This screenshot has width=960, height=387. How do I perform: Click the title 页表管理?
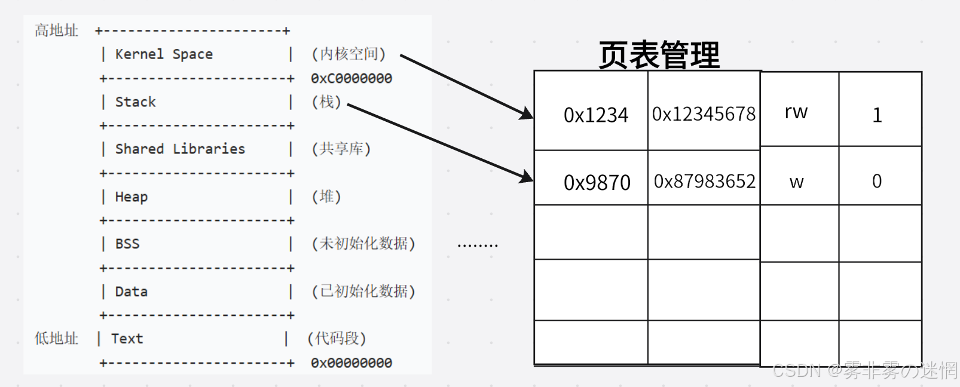coord(659,55)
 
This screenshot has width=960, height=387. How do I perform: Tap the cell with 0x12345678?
coord(704,113)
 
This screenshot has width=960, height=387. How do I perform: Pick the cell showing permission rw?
coord(796,112)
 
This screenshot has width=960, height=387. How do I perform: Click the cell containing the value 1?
coord(877,115)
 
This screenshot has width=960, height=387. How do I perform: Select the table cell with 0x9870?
coord(597,182)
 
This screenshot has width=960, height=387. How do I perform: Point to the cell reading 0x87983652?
coord(704,181)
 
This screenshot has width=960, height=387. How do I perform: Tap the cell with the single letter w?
coord(796,182)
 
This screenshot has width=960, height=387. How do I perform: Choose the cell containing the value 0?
coord(877,181)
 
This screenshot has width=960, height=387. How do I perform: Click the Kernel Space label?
coord(164,54)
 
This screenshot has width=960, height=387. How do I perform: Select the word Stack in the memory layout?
coord(135,102)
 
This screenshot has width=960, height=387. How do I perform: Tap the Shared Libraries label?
coord(180,149)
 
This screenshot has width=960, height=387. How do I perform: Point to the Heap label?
coord(132,196)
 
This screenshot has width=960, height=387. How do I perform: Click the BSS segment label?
coord(127,244)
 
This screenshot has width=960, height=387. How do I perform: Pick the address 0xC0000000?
coord(351,78)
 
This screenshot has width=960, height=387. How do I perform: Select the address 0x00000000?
coord(351,363)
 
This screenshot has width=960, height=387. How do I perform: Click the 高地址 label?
coord(56,30)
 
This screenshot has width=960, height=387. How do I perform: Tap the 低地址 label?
coord(56,339)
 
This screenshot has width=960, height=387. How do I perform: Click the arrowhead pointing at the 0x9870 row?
coord(527,177)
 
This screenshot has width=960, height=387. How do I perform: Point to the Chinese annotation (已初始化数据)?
coord(363,291)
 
